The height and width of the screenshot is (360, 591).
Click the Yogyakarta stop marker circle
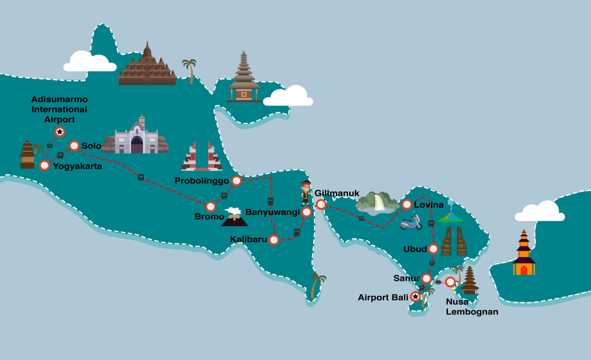point(44,166)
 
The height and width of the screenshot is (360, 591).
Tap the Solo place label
point(91,146)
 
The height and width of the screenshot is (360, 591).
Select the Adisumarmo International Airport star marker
point(59,132)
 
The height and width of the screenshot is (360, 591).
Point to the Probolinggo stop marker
point(236,181)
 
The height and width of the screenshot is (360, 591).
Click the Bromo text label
point(209,217)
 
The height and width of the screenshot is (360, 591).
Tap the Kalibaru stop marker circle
point(274,239)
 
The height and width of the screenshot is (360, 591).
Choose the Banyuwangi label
point(272,212)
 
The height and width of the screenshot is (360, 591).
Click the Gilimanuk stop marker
point(321,204)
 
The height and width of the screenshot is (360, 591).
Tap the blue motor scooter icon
point(410,222)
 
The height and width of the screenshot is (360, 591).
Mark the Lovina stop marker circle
point(407,204)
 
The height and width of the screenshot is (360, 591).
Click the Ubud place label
point(415,249)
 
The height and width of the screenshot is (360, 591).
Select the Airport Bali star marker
point(416,297)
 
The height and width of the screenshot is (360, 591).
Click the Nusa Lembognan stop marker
point(450,282)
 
